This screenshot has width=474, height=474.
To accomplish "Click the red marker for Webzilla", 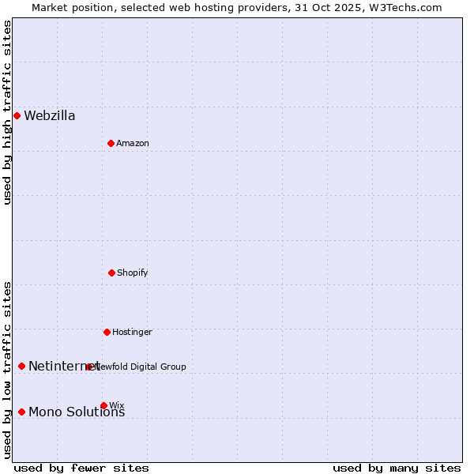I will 17,115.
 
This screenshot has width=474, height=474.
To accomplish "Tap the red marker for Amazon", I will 111,143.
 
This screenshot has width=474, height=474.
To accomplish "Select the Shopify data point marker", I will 111,273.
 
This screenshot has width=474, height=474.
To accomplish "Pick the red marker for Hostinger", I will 107,332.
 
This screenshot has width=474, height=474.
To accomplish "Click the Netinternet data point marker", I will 21,366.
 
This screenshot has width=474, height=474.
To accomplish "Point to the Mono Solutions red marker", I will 21,412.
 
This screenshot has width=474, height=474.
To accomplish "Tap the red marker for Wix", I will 103,405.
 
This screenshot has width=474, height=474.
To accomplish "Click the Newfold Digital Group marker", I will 88,367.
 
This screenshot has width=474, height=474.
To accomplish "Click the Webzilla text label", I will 50,116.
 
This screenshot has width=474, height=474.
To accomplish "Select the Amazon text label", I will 133,144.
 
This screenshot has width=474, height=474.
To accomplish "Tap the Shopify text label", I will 133,273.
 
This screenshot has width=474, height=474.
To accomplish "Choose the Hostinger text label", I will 132,333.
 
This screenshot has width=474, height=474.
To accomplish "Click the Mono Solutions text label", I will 77,412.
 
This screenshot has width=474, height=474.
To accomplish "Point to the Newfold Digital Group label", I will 141,367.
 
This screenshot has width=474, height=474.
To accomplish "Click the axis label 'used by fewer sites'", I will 81,468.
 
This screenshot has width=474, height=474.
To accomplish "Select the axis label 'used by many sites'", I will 397,468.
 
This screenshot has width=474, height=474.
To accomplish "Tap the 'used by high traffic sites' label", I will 7,112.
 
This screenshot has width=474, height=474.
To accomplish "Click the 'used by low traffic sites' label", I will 7,370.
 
